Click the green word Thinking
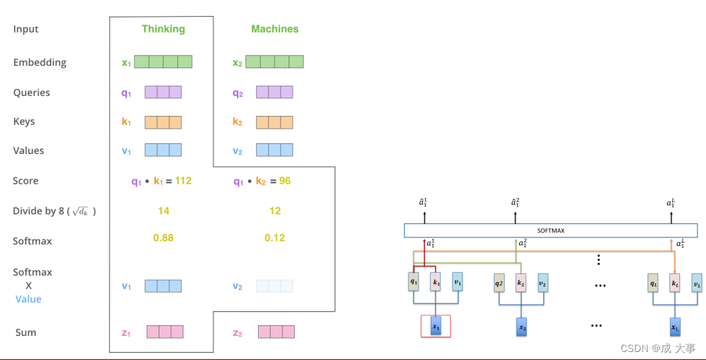(163, 29)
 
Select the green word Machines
(275, 29)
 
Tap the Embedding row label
(40, 63)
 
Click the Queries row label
(31, 93)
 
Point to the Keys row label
(24, 121)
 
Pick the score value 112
(182, 181)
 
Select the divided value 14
(163, 211)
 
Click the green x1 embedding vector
(163, 62)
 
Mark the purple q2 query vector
(275, 93)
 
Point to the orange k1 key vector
(163, 122)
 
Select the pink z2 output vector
(276, 332)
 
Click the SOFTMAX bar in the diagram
(551, 231)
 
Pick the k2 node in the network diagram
(521, 283)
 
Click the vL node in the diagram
(697, 283)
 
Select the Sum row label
(26, 333)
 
